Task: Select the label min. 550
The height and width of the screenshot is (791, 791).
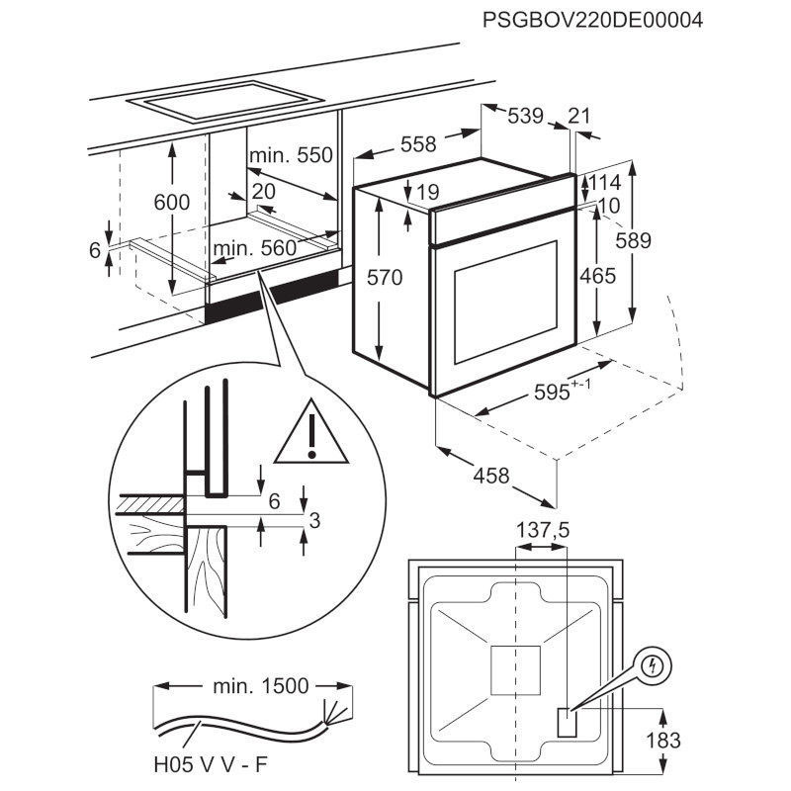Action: coord(292,155)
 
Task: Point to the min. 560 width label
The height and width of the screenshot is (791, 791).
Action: coord(254,248)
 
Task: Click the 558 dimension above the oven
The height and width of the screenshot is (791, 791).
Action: coord(416,144)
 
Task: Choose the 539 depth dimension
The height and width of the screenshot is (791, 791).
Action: coord(525,116)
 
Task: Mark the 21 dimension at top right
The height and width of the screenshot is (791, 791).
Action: coord(579,116)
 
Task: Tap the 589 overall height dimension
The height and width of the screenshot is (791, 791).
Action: coord(654,239)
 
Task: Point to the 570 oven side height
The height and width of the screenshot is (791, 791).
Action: coord(385,278)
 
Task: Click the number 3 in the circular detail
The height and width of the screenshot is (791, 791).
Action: coord(314,521)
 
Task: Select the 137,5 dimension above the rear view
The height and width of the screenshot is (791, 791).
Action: coord(544,531)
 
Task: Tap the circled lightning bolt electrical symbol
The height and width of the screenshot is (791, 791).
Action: coord(652,667)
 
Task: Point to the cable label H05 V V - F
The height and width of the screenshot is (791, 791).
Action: coord(209,762)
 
